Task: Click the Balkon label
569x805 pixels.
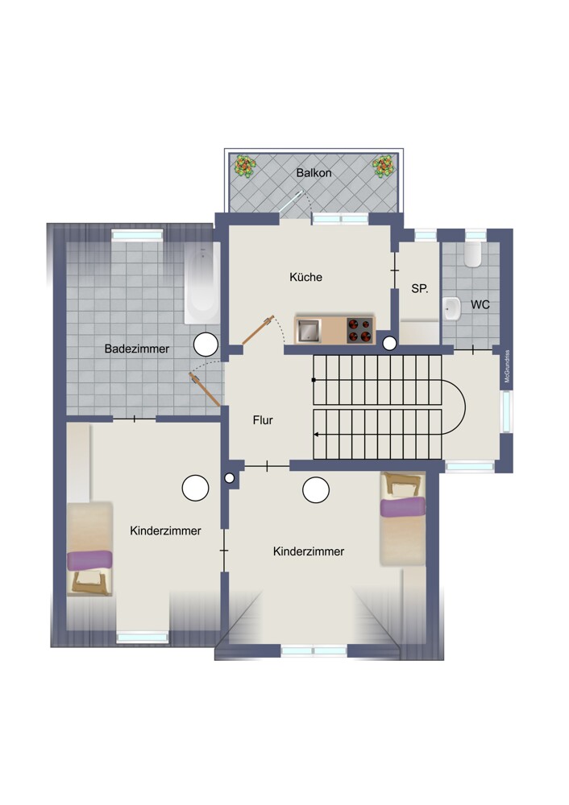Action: [x=314, y=173]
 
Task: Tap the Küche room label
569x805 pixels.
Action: [x=305, y=277]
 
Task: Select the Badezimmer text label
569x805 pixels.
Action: [x=137, y=349]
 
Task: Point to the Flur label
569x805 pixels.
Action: [x=263, y=420]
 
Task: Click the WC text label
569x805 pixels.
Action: [x=480, y=305]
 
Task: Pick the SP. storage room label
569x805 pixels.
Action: [x=419, y=289]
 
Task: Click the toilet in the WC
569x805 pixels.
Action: [x=472, y=254]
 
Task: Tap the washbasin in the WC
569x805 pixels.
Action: [x=452, y=308]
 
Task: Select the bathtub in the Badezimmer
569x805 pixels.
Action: [x=202, y=283]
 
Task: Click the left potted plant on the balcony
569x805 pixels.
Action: [x=245, y=167]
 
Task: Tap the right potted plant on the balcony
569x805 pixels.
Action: [x=384, y=167]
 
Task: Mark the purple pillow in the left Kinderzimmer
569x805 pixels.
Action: [x=89, y=559]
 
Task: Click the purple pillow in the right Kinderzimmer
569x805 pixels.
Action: [x=403, y=506]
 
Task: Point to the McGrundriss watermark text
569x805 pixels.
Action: [x=507, y=366]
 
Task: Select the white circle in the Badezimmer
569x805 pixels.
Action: [x=206, y=345]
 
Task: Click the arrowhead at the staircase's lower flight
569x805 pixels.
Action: [x=316, y=435]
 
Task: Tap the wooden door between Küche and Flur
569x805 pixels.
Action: [x=258, y=329]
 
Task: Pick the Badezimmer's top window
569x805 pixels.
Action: [x=137, y=235]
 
